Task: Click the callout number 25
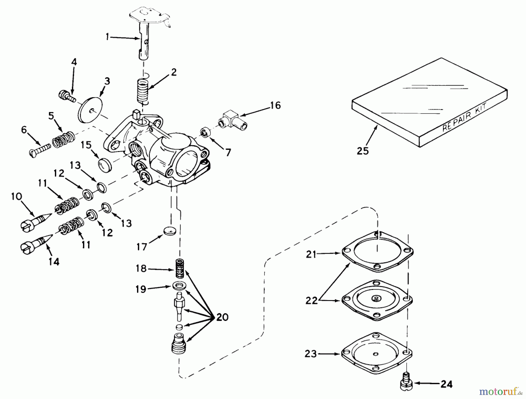tap(363, 151)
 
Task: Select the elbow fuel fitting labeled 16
tap(233, 120)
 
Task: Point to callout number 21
tap(311, 254)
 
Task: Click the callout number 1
tap(107, 37)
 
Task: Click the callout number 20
tap(222, 317)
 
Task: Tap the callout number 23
tap(310, 354)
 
